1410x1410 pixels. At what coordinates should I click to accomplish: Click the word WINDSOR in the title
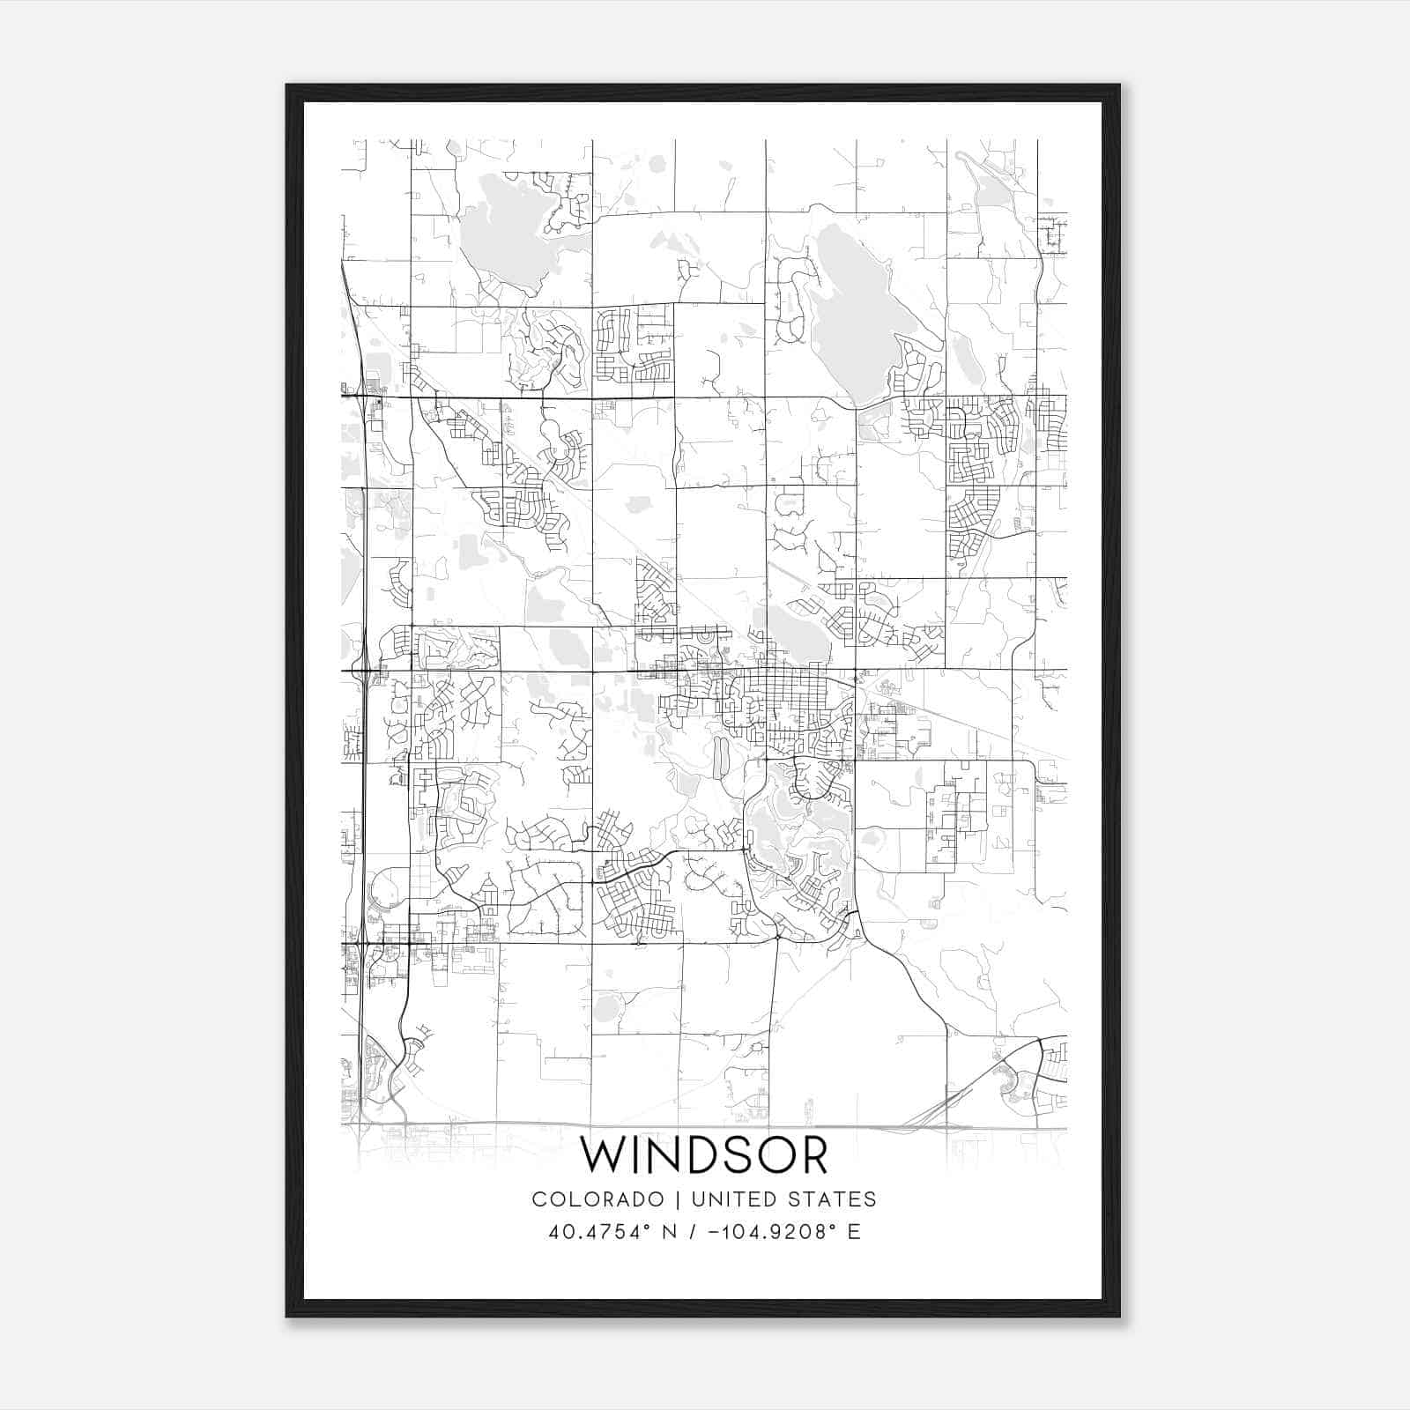tap(704, 1155)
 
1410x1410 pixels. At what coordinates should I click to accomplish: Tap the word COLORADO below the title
tap(597, 1198)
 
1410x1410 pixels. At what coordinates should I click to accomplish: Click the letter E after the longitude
tap(853, 1231)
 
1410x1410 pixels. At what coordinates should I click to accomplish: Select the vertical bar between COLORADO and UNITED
tap(678, 1198)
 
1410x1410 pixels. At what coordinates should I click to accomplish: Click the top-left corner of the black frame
tap(288, 86)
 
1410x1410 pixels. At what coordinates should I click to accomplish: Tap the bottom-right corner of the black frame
tap(1118, 1316)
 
